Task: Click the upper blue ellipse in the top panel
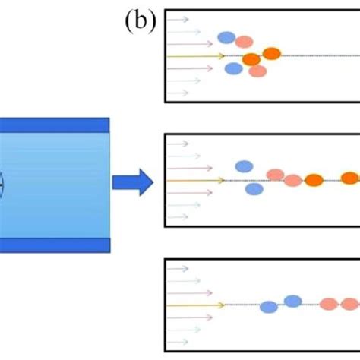click(226, 37)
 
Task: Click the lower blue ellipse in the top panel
click(234, 68)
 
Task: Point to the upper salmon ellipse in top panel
click(244, 42)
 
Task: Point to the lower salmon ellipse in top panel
click(257, 71)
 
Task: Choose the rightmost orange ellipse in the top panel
click(271, 53)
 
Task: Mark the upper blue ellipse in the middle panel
click(243, 166)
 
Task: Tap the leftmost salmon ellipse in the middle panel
click(275, 175)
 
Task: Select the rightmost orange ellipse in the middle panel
click(350, 178)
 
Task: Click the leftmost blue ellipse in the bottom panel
click(269, 307)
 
